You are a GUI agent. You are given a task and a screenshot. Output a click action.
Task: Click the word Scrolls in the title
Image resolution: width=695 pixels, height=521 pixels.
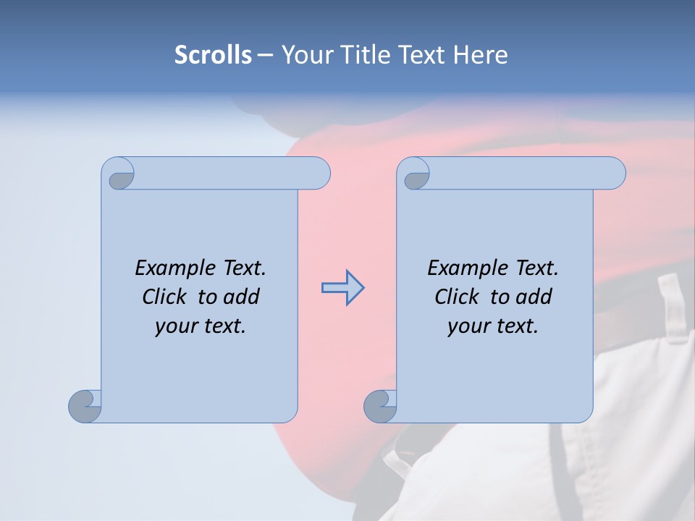pos(213,55)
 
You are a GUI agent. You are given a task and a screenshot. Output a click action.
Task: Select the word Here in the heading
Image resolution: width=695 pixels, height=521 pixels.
pos(481,55)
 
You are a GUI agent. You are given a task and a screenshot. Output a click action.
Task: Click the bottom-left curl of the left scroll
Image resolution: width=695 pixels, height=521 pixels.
pos(85,406)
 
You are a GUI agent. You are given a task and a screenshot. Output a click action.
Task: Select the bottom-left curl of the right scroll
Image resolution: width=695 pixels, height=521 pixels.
pos(380,406)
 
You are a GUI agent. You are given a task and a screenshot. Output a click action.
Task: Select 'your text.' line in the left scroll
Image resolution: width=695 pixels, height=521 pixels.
pos(201,326)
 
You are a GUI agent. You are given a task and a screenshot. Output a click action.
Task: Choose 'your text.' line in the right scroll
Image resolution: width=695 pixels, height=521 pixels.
pos(493,326)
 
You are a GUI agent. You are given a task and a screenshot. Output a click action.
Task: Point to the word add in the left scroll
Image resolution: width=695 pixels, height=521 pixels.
pos(241,297)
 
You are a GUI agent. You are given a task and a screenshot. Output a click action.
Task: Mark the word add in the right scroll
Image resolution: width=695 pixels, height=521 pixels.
pos(534,297)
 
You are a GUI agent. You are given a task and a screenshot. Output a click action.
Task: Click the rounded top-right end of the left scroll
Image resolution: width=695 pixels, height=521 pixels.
pos(319,174)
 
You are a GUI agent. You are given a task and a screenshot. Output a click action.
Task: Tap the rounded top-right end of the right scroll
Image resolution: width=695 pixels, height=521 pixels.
pos(614,174)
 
